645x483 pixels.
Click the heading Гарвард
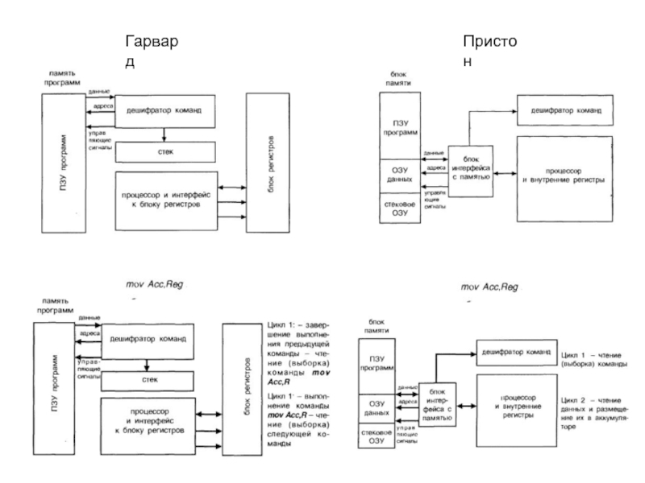[x=157, y=49]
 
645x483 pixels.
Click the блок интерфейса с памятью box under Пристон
[x=469, y=168]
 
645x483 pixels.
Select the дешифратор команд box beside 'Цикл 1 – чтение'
[x=510, y=353]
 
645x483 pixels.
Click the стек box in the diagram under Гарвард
[x=164, y=151]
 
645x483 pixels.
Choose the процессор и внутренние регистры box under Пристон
[x=563, y=179]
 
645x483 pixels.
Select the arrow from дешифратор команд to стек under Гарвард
[x=164, y=134]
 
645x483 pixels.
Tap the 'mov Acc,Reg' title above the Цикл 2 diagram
[x=489, y=287]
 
